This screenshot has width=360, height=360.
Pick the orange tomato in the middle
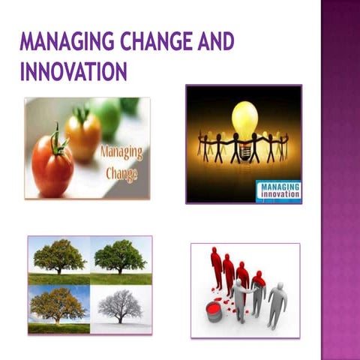[82, 135]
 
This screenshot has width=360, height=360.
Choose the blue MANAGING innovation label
[279, 189]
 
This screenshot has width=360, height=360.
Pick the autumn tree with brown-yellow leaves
[58, 304]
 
